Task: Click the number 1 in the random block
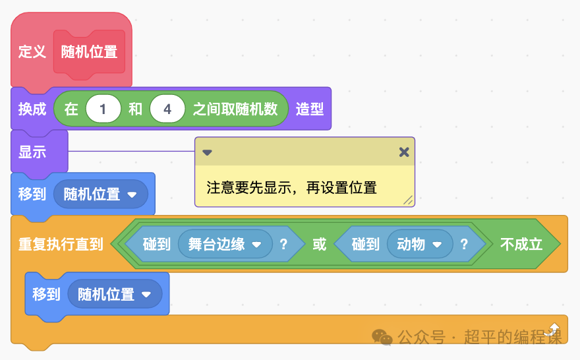[x=102, y=109]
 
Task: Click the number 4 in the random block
[x=167, y=109]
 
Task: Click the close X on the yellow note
[x=404, y=152]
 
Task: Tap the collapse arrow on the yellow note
[x=207, y=152]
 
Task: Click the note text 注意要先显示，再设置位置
[x=291, y=188]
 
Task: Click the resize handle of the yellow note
[x=408, y=200]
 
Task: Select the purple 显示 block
[x=32, y=152]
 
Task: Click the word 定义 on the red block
[x=32, y=51]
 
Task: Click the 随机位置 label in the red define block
[x=89, y=51]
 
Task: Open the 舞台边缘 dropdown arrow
[x=258, y=245]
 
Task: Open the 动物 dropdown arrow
[x=437, y=245]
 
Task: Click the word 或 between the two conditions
[x=319, y=245]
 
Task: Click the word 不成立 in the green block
[x=521, y=245]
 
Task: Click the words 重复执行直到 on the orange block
[x=60, y=245]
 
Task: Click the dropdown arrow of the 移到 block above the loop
[x=132, y=195]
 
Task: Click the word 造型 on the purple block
[x=309, y=109]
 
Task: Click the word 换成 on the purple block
[x=32, y=109]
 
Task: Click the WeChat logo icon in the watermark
[x=382, y=338]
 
